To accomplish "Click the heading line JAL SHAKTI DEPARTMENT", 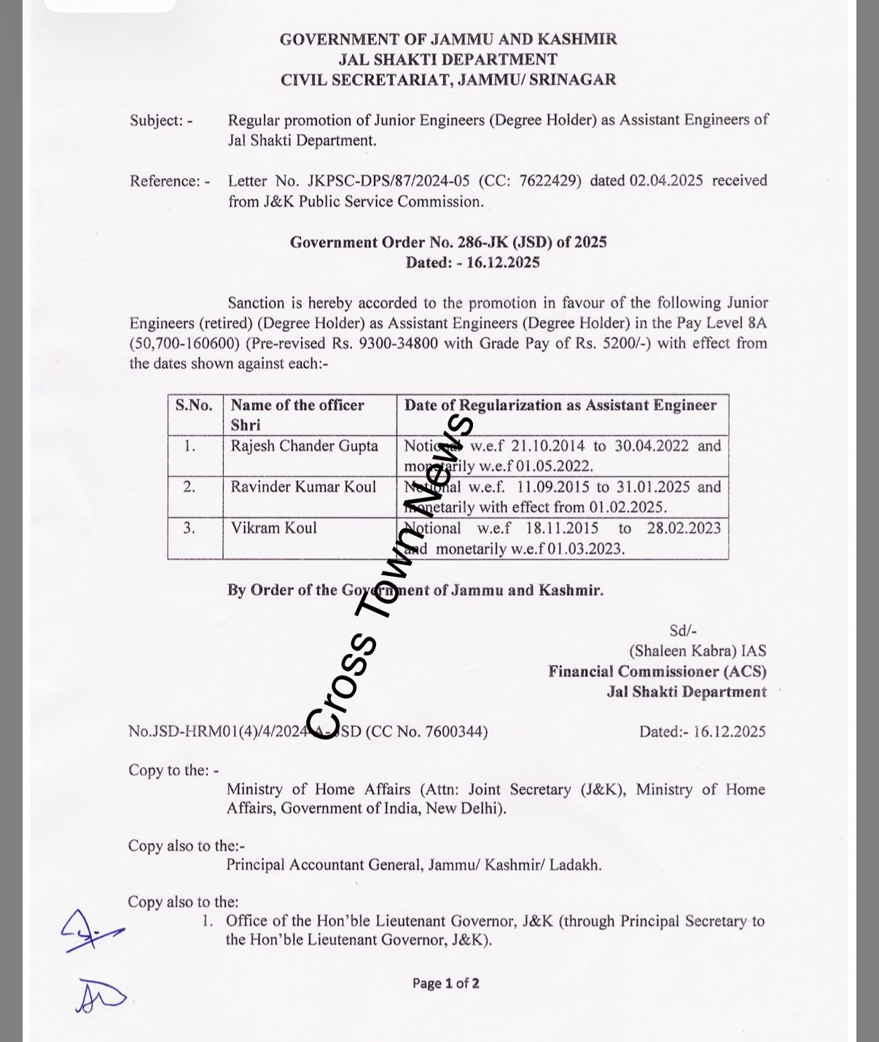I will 448,60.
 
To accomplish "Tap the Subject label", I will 161,120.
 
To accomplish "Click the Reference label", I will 170,181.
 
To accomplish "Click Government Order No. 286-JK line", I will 448,242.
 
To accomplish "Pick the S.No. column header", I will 194,405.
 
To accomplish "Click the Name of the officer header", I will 297,405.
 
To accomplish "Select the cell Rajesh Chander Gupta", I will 305,446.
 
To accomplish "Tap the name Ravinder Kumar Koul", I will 303,487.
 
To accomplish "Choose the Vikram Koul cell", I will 274,528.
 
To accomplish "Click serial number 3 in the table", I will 190,528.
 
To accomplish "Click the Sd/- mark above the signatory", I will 682,631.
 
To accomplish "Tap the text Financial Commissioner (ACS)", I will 657,672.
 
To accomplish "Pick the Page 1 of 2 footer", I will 445,983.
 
